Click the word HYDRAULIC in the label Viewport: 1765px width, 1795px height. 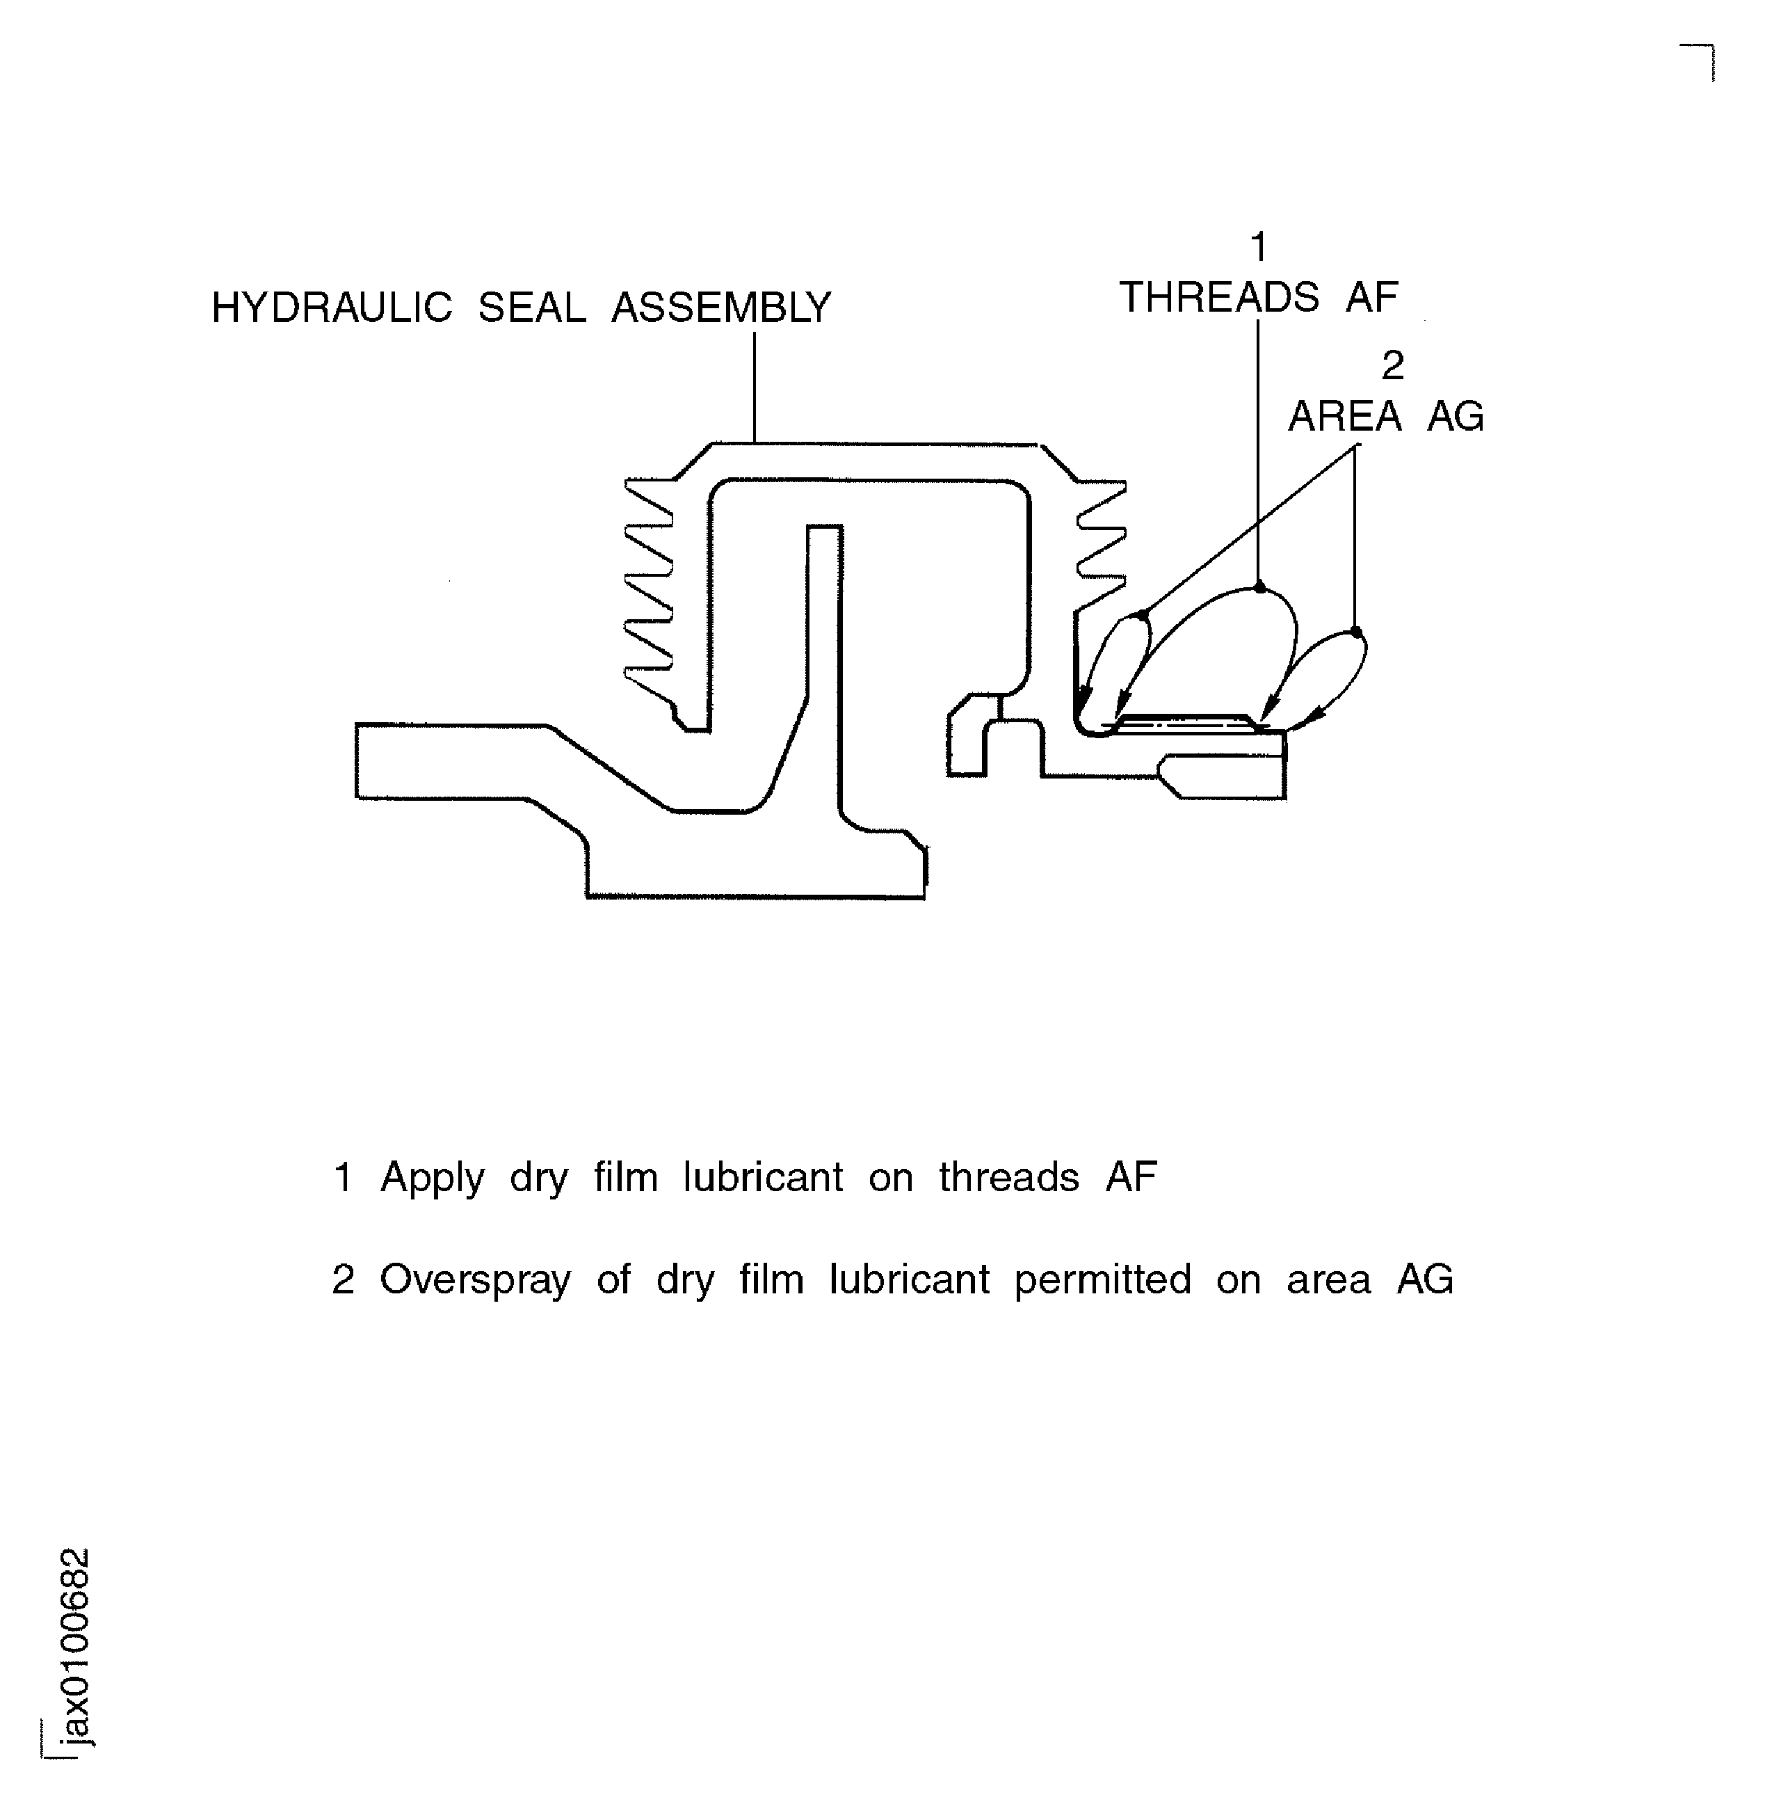pos(332,308)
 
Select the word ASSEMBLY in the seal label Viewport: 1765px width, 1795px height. pos(720,308)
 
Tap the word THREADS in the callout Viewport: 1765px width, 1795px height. pos(1219,298)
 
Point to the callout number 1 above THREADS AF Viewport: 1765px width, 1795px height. pos(1258,248)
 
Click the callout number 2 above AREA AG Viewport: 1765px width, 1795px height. pos(1392,366)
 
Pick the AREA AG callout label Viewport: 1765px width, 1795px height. pos(1386,416)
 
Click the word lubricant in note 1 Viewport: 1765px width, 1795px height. pos(763,1177)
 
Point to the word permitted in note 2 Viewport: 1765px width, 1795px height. pos(1102,1280)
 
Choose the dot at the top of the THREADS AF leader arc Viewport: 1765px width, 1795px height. pos(1259,587)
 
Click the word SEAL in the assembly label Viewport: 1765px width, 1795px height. pos(531,308)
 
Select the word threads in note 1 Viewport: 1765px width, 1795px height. pos(1008,1177)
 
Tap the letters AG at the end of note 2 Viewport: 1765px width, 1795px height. pos(1425,1280)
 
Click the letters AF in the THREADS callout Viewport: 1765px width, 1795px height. pos(1371,298)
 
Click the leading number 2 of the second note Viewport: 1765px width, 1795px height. pos(342,1280)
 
